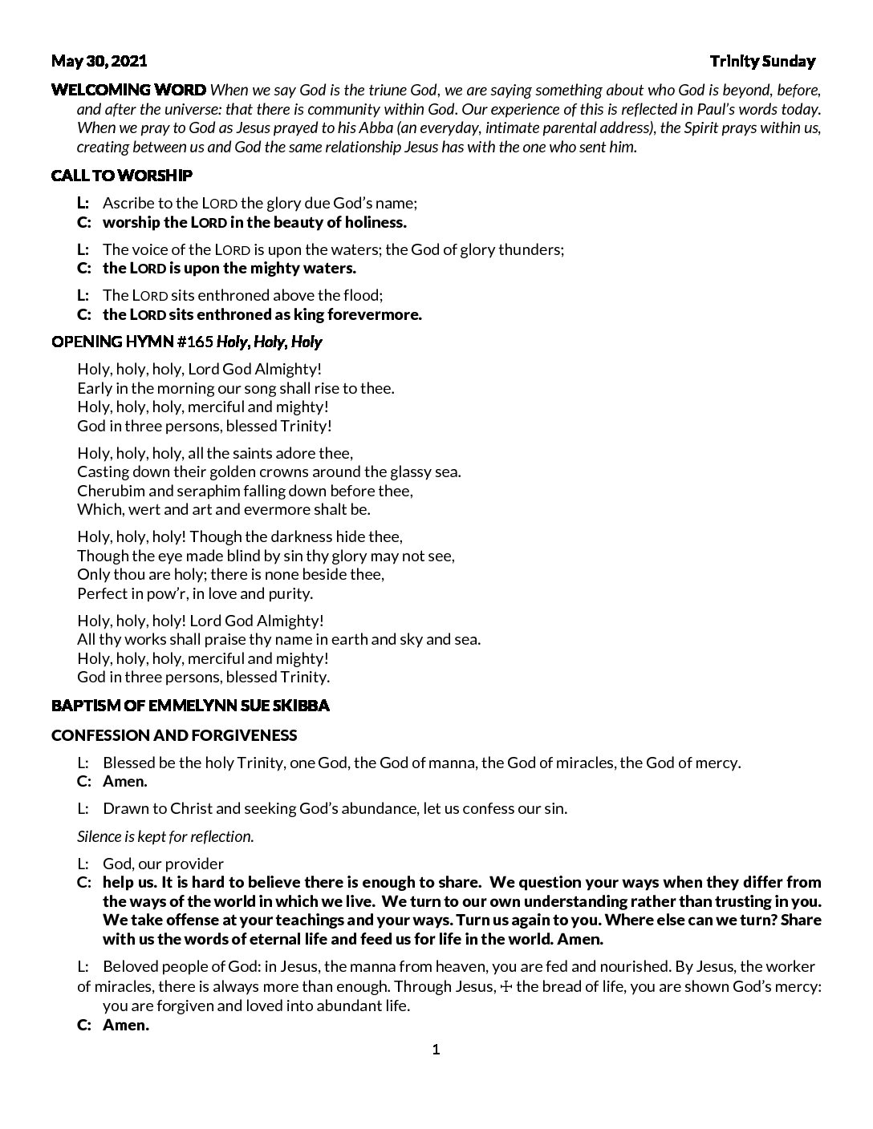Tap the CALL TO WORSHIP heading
click(121, 175)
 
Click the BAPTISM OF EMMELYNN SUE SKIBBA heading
click(190, 706)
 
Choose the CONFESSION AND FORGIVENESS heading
click(174, 734)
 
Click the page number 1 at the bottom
click(436, 1050)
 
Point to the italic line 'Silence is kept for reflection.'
click(165, 836)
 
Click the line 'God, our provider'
click(163, 864)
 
